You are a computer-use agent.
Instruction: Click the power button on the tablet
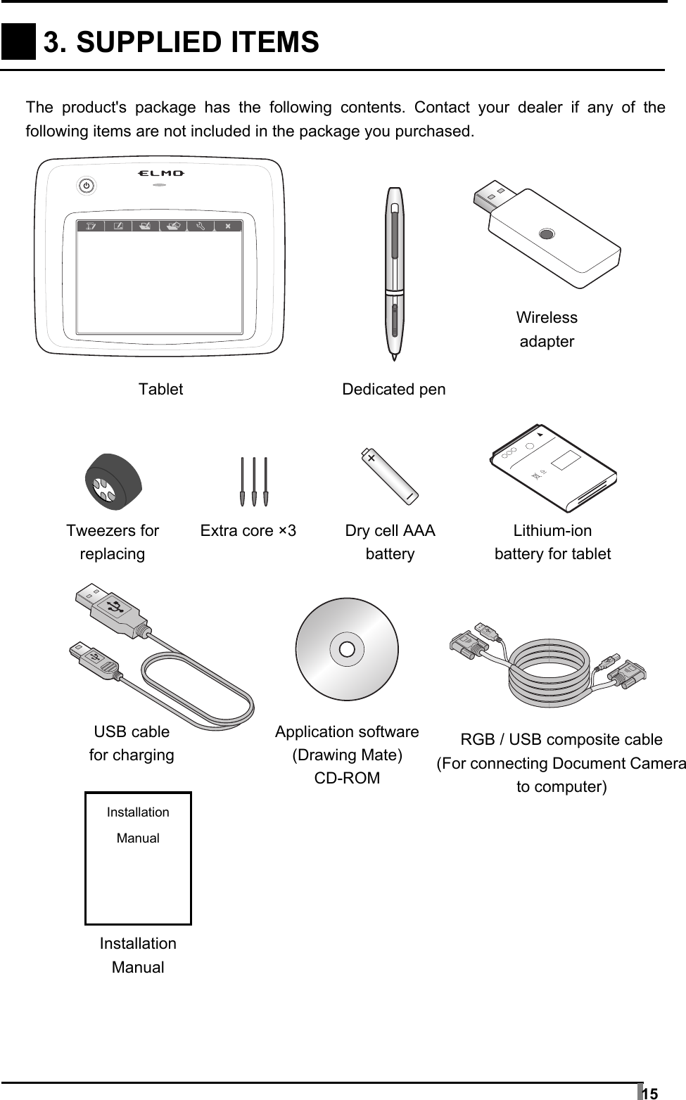click(85, 186)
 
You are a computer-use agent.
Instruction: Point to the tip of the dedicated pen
click(394, 359)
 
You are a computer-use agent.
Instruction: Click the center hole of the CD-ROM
click(347, 648)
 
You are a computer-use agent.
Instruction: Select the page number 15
click(651, 1093)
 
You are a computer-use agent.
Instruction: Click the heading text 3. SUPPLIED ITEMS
click(182, 42)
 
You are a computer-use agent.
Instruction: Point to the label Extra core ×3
click(248, 530)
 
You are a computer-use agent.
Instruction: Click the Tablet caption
click(160, 389)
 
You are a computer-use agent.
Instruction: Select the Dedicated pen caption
click(393, 389)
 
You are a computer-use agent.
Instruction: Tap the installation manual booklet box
click(138, 858)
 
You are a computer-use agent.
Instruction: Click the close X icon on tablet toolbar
click(228, 226)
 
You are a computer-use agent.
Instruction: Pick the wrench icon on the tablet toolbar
click(201, 226)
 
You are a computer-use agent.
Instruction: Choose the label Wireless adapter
click(547, 329)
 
